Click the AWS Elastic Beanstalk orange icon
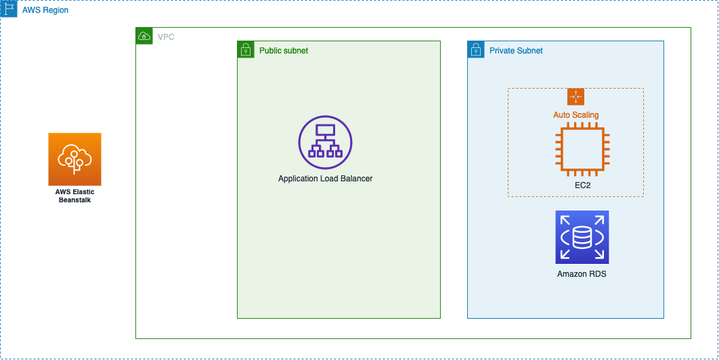74,159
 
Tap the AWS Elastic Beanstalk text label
74,196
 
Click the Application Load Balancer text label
325,179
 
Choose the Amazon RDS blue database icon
582,237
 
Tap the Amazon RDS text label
582,274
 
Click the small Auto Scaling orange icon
575,96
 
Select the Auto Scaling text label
575,115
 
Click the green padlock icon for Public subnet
245,49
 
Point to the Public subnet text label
284,51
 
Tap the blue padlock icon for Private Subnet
475,49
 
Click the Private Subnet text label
516,51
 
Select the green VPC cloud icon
144,36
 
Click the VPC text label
165,37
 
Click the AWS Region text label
45,11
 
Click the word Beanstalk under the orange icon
74,200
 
